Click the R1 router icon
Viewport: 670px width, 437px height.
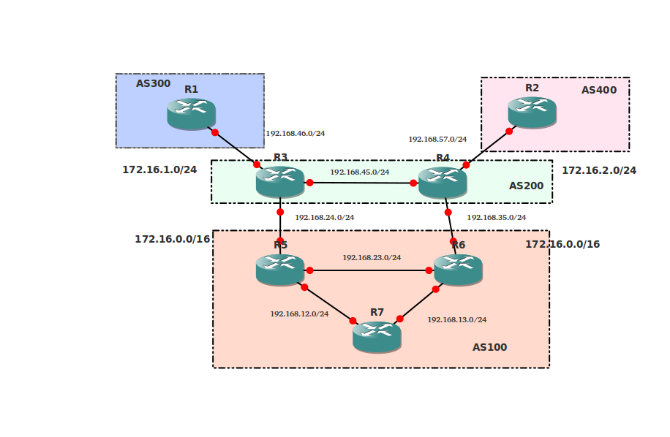(191, 113)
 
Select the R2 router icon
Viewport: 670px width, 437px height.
(532, 112)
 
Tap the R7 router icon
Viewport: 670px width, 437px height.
(377, 336)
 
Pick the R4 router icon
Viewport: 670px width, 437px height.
(443, 182)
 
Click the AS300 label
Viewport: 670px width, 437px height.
(153, 84)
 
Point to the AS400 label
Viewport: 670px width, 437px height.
(599, 91)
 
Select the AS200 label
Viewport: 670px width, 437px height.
(526, 186)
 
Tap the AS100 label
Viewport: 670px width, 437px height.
(489, 348)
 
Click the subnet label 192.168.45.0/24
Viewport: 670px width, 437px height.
(359, 172)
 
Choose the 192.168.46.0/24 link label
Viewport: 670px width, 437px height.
(295, 134)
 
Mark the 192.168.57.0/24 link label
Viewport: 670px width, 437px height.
(437, 140)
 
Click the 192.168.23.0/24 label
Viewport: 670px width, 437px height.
(372, 258)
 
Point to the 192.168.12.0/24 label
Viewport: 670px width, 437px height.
(299, 314)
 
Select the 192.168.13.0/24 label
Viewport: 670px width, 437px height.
(456, 320)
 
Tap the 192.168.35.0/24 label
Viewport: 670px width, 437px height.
(496, 218)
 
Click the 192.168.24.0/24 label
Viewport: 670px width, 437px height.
(324, 218)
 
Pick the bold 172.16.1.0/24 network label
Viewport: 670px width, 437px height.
(159, 170)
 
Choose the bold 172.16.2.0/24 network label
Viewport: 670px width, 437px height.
(598, 171)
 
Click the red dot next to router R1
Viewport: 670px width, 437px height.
(215, 132)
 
